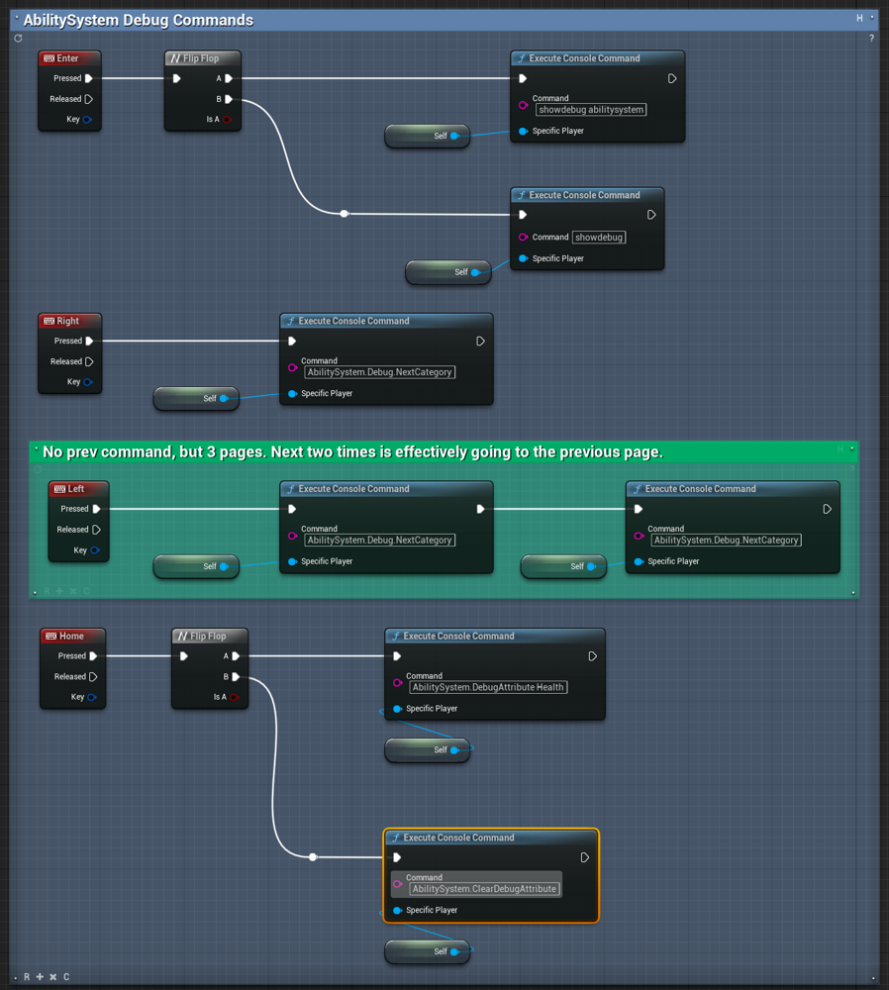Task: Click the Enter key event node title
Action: point(67,58)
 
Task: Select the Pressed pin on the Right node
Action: point(89,341)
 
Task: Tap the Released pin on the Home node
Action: point(93,677)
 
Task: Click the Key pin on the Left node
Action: point(95,549)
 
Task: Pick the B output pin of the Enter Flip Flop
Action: point(229,99)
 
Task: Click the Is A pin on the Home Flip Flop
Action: point(235,697)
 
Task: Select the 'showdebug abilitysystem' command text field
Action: point(591,110)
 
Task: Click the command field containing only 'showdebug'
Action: point(599,238)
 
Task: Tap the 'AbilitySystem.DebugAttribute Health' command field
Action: point(488,688)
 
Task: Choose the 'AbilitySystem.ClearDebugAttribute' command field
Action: point(484,889)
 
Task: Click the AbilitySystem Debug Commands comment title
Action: point(139,20)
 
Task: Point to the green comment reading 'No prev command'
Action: point(353,452)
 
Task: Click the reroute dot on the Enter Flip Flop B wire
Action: point(345,214)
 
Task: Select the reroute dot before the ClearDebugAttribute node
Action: point(313,856)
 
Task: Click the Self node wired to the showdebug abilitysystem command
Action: point(428,136)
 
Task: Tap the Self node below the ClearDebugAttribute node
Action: point(428,951)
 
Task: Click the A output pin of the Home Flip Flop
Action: point(236,656)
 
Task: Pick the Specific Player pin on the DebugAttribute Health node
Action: point(397,709)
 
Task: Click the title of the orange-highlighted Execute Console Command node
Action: point(459,838)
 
